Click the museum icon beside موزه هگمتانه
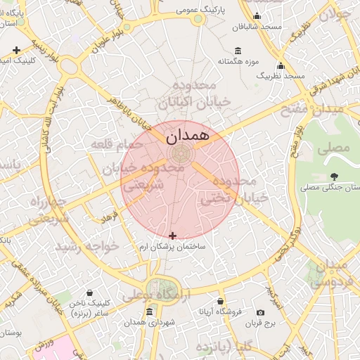point(238,51)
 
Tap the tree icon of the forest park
point(333,176)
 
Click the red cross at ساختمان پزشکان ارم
point(173,236)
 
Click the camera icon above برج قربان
point(261,312)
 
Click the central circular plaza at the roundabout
point(179,154)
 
